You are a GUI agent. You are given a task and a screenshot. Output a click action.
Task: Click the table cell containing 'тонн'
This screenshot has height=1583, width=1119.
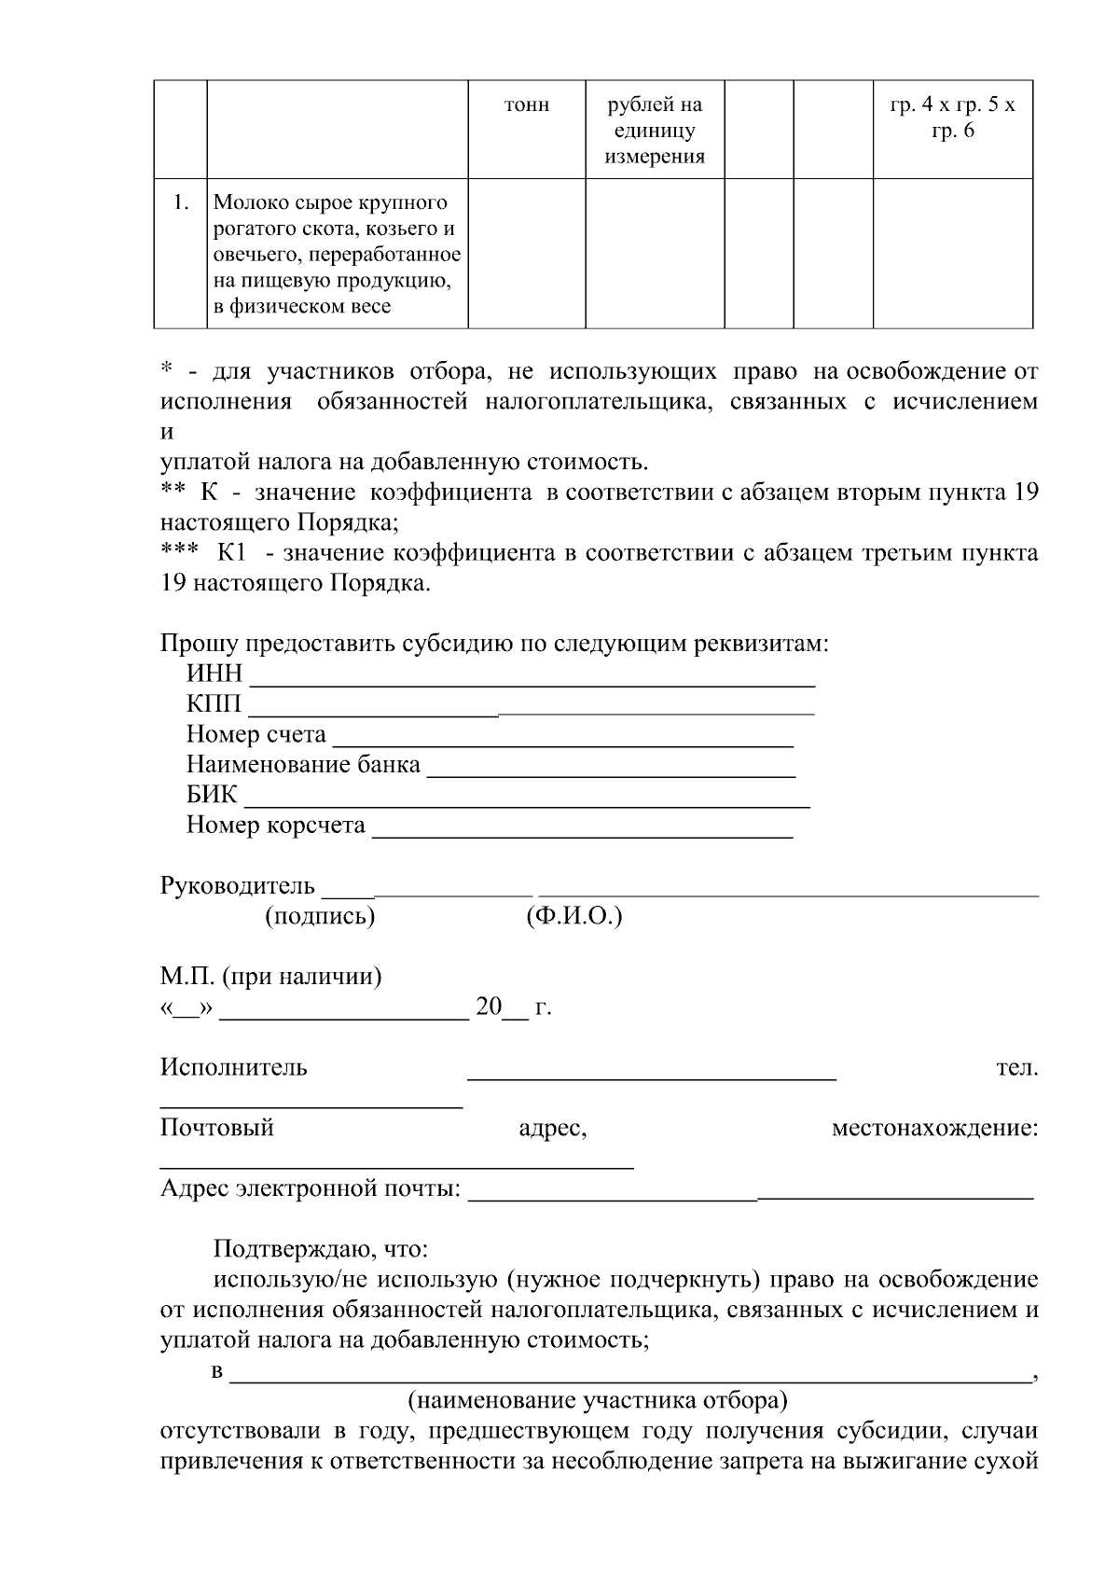pos(527,105)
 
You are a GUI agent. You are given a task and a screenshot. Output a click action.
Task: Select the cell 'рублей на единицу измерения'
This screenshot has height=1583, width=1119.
pos(655,131)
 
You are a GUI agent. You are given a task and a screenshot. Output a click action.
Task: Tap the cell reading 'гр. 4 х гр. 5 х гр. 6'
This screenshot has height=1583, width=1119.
pos(952,118)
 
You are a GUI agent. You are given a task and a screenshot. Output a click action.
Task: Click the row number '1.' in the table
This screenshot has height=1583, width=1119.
pos(181,202)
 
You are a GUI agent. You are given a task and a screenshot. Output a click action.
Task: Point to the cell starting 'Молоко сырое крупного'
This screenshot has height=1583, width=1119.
pos(337,254)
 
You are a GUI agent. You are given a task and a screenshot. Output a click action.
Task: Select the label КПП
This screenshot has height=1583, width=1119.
pos(214,704)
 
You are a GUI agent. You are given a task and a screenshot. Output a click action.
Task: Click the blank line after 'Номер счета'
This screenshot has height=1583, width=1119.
pos(562,737)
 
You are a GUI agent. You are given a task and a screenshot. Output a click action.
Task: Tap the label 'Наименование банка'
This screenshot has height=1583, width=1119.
pos(303,766)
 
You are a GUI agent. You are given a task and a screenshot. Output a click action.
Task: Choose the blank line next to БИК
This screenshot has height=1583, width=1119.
pos(527,797)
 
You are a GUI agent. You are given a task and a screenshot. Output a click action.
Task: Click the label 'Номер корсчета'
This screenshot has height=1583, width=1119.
pos(275,826)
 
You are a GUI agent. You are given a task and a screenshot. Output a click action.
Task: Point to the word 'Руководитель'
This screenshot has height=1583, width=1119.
pos(238,886)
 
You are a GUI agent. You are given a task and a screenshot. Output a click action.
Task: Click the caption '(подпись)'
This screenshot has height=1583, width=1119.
pos(320,917)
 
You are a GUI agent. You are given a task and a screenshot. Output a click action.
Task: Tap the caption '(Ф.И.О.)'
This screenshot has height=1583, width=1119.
pos(573,917)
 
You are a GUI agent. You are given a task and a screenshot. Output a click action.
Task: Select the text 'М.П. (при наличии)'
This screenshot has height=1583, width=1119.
pos(270,978)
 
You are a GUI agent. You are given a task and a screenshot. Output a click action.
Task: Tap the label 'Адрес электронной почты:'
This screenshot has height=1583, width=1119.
pos(311,1189)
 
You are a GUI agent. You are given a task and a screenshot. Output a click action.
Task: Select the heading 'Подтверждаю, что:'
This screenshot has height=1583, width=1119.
pos(320,1249)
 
